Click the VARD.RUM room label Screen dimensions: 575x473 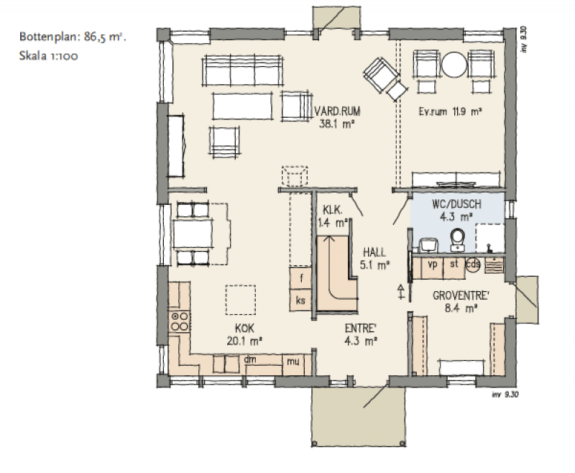pos(337,111)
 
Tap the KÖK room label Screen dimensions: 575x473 pos(244,328)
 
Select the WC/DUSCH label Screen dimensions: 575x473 pos(456,204)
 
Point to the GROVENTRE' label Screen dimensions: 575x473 pos(461,295)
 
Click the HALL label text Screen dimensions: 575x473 pos(374,252)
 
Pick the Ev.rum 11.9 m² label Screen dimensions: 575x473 pos(450,111)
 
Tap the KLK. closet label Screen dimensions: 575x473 pos(333,210)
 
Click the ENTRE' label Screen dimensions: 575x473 pos(361,328)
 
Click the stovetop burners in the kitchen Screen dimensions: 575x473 pos(180,321)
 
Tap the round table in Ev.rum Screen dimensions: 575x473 pos(454,65)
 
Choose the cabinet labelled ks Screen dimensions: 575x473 pos(300,300)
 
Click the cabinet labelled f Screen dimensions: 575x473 pos(300,278)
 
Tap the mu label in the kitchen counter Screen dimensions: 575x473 pos(293,362)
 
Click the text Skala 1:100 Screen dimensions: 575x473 pos(48,56)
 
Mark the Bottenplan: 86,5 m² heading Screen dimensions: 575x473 pos(73,37)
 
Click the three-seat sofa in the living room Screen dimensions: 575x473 pos(242,70)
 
